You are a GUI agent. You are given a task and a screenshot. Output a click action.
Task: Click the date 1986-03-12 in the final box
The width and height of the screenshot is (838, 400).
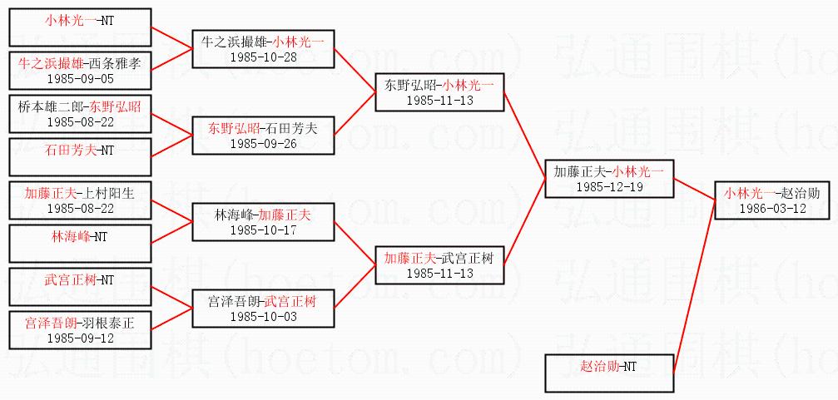(772, 207)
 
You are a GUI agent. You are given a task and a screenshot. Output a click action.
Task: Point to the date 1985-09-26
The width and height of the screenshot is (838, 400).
(262, 143)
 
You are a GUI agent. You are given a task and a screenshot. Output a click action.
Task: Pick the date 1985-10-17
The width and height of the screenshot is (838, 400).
(262, 230)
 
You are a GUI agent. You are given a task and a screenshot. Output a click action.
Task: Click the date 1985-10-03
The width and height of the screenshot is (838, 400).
(262, 316)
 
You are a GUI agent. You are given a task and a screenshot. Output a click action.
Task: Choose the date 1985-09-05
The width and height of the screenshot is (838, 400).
(79, 77)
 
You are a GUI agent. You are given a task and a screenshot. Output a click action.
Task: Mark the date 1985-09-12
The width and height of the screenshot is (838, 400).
(79, 338)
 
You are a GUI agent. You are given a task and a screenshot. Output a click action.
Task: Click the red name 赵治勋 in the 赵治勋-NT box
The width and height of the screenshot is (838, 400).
(599, 365)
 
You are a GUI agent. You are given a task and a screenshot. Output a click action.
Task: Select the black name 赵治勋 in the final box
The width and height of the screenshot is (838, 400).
(801, 192)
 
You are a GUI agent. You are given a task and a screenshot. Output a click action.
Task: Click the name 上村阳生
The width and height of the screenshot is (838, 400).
(106, 192)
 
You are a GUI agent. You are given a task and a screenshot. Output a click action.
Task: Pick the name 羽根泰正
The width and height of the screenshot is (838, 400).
(106, 323)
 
